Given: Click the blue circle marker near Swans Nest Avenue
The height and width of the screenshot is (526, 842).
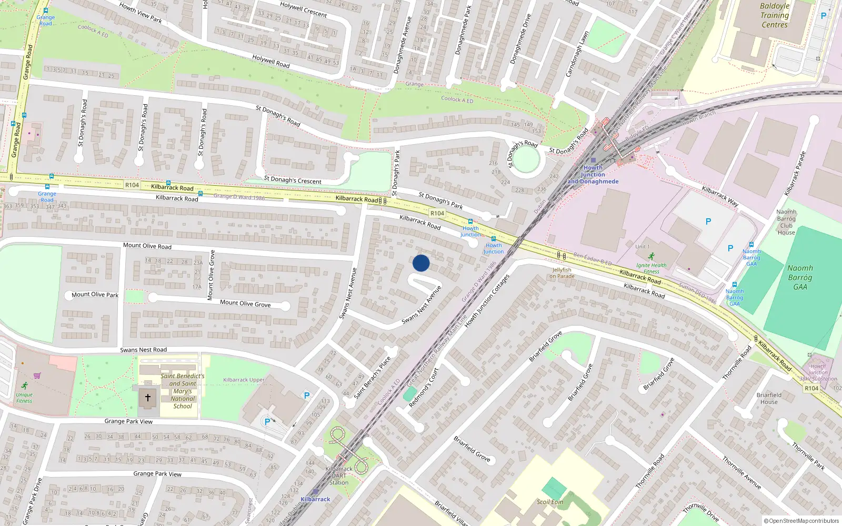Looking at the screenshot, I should [421, 263].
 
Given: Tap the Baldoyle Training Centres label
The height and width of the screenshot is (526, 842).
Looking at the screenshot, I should [775, 15].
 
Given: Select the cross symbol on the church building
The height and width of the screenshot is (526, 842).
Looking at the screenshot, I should [148, 398].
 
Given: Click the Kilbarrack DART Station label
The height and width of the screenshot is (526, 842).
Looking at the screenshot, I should [339, 476].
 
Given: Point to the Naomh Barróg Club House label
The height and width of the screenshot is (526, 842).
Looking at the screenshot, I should [786, 222].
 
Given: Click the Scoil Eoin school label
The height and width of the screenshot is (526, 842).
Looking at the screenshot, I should [550, 502].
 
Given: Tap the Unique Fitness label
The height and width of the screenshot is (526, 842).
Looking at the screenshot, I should [24, 398].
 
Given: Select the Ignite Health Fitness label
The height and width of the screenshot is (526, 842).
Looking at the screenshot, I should [651, 268].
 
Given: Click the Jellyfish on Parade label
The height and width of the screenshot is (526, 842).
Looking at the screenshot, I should [562, 273].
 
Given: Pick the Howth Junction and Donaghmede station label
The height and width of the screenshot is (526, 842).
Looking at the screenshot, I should [593, 175].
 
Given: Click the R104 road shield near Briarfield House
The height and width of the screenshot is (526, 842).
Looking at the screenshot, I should [811, 388].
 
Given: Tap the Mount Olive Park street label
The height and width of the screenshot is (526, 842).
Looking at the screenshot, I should [95, 295].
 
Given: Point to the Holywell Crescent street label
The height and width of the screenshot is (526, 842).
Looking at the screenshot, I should [304, 9].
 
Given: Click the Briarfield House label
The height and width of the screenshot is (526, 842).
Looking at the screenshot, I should [769, 398].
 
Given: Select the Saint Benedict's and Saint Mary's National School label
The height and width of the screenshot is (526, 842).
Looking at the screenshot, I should [183, 391].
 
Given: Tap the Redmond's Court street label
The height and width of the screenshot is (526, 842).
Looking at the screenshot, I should [424, 387].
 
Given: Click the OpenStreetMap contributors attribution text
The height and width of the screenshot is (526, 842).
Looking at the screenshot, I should [801, 521].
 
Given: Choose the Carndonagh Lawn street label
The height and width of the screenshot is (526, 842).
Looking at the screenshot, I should [577, 54].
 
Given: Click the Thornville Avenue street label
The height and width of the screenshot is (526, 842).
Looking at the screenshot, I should [741, 472].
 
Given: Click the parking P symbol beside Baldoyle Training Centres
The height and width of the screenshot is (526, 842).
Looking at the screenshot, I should [824, 16].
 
